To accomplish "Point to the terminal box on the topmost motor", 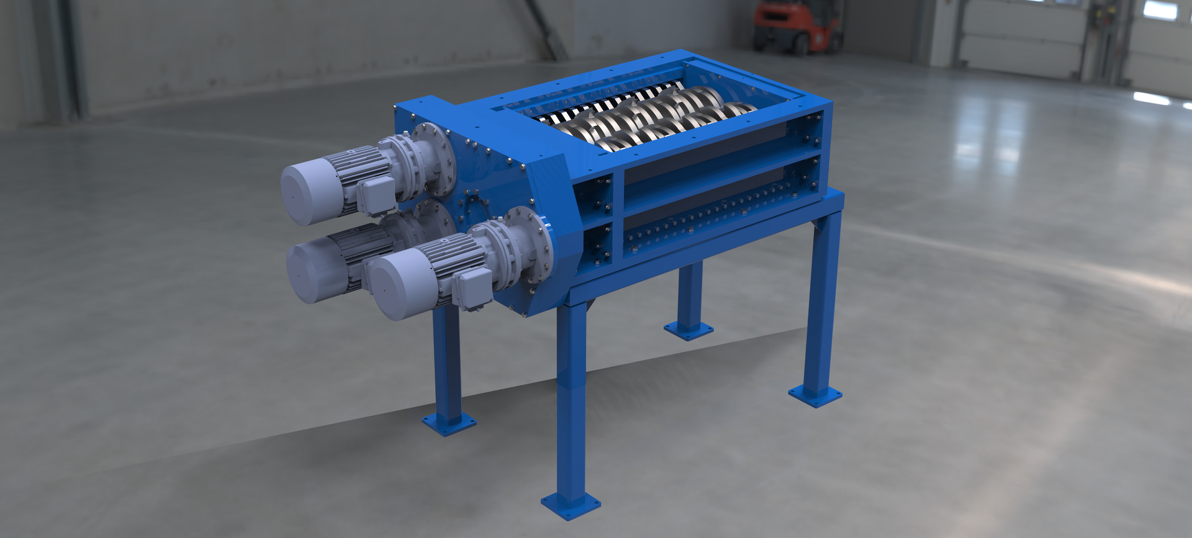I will (x=375, y=193).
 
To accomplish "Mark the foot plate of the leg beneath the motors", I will (x=449, y=423).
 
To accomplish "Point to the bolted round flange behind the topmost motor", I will (x=433, y=158).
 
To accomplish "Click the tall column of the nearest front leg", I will (x=572, y=397).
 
